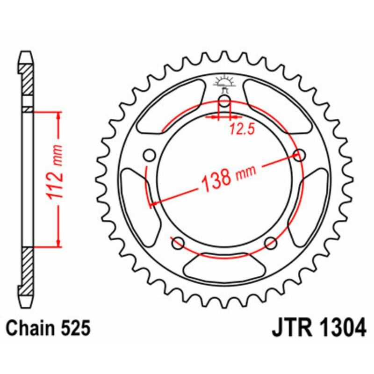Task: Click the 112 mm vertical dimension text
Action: (x=57, y=179)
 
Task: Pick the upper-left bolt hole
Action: (x=150, y=155)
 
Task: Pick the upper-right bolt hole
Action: (x=300, y=155)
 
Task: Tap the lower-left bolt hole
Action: (x=177, y=243)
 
